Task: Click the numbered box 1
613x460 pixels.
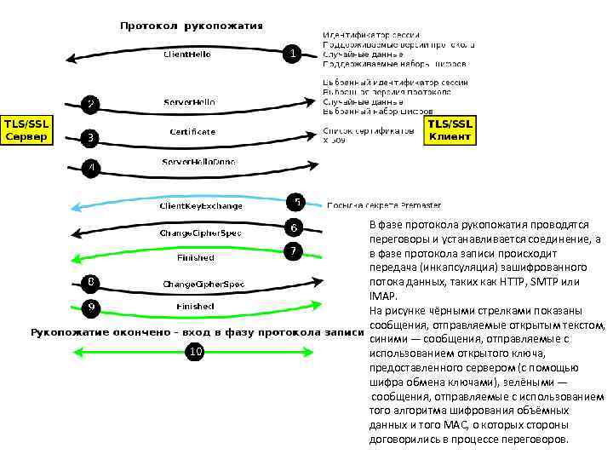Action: tap(293, 53)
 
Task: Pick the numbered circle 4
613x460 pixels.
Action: tap(91, 167)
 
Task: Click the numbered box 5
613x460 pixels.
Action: tap(296, 202)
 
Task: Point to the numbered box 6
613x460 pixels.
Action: tap(293, 227)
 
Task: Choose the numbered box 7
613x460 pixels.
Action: tap(293, 251)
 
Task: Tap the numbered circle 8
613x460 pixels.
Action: tap(91, 281)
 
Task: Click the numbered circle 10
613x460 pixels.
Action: tap(196, 351)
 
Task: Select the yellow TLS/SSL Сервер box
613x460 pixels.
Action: tap(27, 130)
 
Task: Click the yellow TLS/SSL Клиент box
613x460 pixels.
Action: tap(450, 130)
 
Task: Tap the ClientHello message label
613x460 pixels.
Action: tap(187, 54)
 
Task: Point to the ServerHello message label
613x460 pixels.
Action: tap(189, 101)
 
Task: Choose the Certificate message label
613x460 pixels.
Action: tap(192, 132)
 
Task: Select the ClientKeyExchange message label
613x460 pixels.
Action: tap(202, 205)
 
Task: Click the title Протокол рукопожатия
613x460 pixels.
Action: tap(192, 25)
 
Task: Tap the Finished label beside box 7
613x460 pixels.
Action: tap(195, 256)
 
